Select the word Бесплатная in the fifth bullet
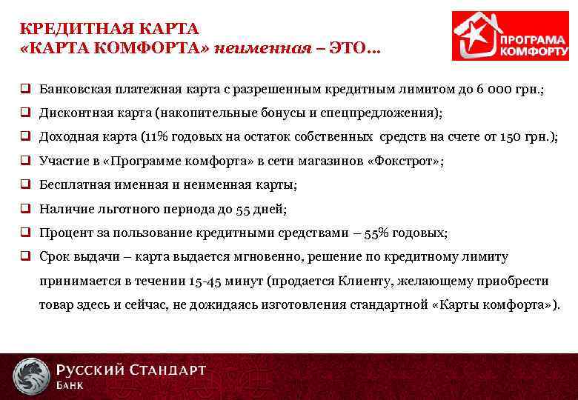click(73, 185)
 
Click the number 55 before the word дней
click(244, 210)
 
